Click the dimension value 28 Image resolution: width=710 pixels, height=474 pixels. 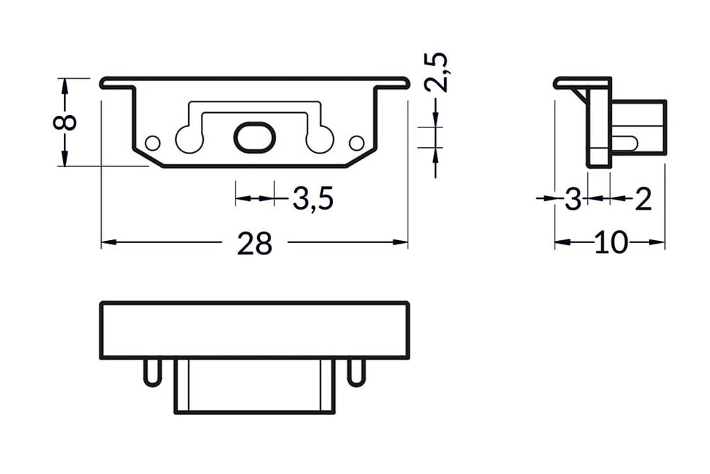[254, 244]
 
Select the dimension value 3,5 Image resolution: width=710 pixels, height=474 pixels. [312, 200]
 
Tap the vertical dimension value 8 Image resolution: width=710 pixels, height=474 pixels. [65, 122]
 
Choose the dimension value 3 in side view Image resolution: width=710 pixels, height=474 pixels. [573, 200]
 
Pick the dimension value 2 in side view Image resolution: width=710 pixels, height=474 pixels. [642, 200]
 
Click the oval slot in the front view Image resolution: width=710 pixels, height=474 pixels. [253, 137]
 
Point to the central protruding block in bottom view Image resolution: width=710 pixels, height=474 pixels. [254, 385]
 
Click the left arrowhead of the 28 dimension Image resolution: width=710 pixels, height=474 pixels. [106, 243]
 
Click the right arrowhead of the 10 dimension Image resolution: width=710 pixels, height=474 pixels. [660, 243]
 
